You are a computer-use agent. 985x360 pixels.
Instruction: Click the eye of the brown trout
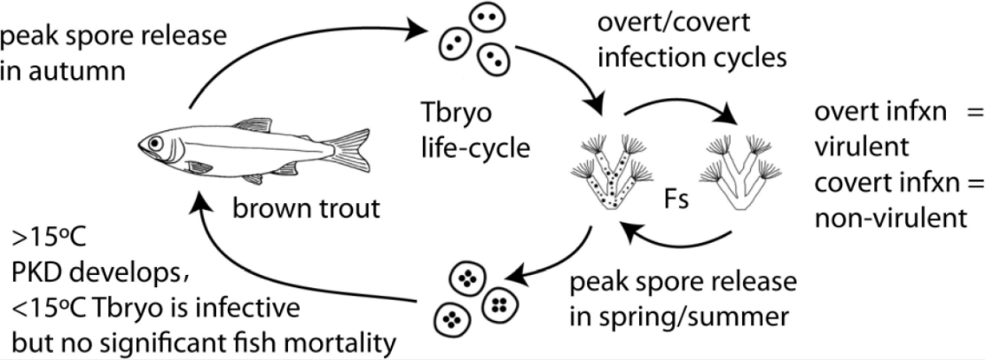tap(157, 142)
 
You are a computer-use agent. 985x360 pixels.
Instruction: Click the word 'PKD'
tap(32, 269)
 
